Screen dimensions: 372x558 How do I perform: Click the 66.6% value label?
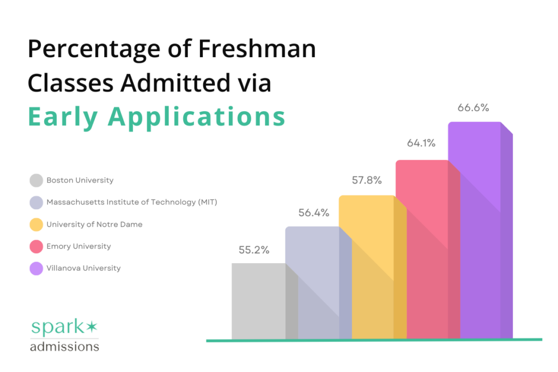click(x=473, y=108)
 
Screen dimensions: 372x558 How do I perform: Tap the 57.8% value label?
click(x=366, y=180)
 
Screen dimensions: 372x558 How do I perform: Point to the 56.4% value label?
click(x=314, y=213)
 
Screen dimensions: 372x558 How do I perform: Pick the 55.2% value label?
click(x=254, y=250)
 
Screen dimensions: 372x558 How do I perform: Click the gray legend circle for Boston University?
click(x=37, y=180)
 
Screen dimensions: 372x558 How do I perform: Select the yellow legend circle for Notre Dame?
click(x=37, y=224)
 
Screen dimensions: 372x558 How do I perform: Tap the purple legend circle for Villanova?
click(x=37, y=269)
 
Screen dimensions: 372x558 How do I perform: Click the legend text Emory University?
click(x=78, y=246)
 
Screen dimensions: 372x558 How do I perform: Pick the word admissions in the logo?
click(x=64, y=346)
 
